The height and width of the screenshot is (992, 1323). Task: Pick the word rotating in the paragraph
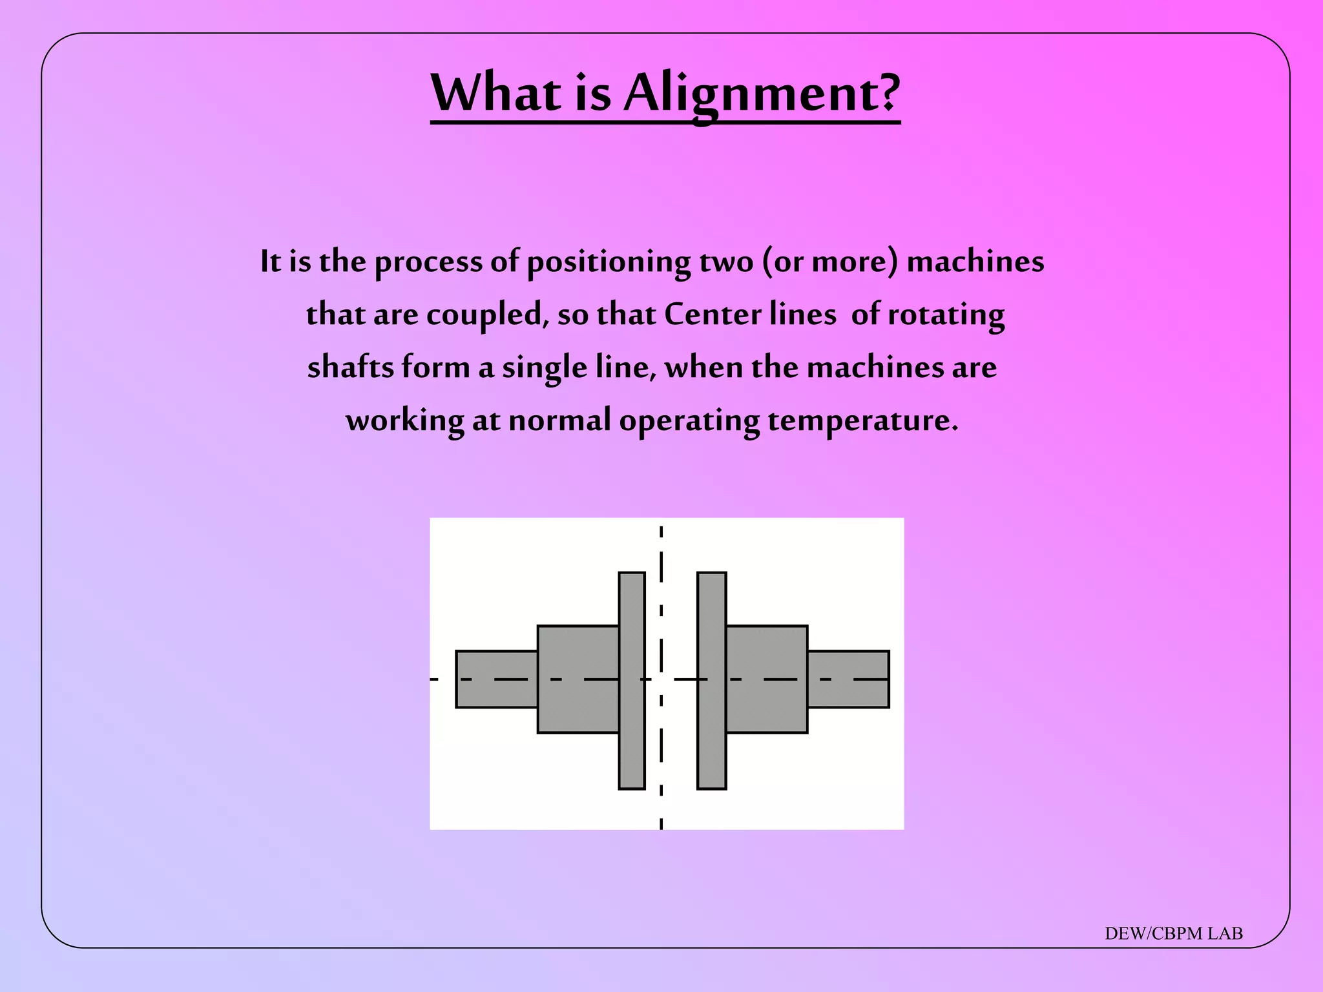946,316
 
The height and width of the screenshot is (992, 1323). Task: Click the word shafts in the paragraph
350,367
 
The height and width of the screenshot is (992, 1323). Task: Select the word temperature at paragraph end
862,422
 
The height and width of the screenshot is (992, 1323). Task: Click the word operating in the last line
689,422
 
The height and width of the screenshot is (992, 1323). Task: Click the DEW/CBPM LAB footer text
1173,934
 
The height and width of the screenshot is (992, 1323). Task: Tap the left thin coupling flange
632,680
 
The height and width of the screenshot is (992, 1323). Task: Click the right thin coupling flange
711,680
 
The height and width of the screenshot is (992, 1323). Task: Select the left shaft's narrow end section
496,679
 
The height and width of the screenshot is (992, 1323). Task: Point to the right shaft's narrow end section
848,679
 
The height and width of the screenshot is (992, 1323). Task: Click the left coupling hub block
578,679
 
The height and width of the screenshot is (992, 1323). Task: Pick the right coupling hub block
767,679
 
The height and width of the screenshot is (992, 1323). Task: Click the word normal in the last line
559,420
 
